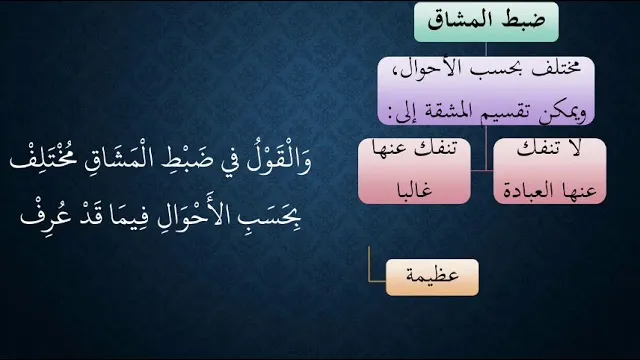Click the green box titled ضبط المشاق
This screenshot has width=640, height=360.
[486, 22]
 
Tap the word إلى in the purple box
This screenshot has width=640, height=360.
[407, 112]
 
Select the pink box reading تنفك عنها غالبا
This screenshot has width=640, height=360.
[414, 171]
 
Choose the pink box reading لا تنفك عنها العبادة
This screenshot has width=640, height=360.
[550, 171]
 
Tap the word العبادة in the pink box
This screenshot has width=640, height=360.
[528, 191]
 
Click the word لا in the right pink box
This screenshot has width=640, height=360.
[575, 149]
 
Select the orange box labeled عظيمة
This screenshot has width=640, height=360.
[432, 277]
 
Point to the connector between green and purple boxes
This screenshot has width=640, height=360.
[486, 49]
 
